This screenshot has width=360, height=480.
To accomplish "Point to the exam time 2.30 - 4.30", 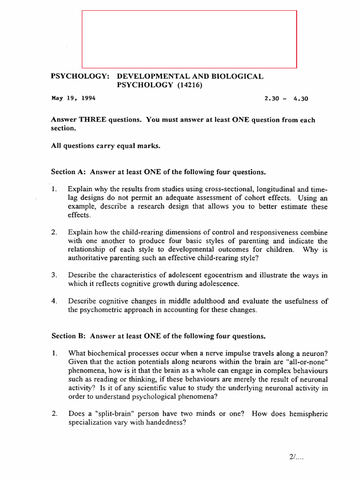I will tap(286, 98).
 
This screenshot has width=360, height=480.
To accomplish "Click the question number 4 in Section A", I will tap(54, 301).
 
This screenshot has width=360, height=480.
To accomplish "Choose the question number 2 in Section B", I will tap(54, 413).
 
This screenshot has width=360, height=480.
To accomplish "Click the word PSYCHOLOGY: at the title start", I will tap(80, 76).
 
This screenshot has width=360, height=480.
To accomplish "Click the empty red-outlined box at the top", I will tap(189, 39).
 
